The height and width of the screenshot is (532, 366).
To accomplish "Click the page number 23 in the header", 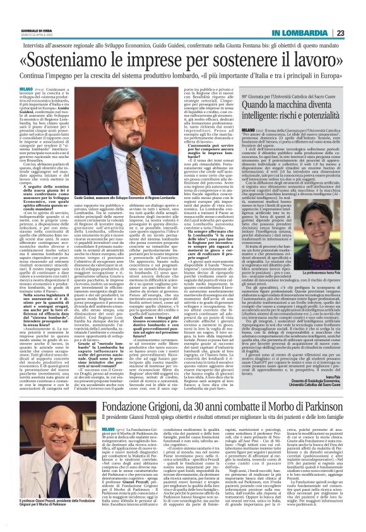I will [x=357, y=15].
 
